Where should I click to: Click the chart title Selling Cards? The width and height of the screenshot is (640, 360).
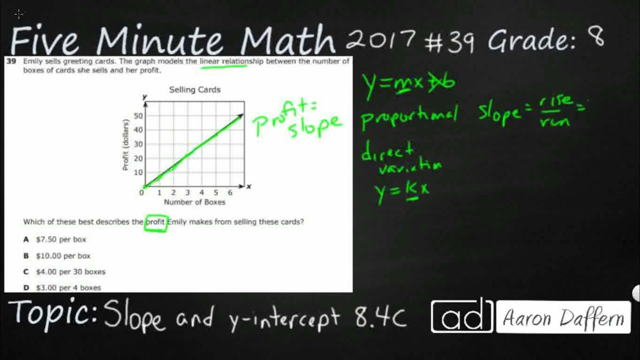[x=194, y=90]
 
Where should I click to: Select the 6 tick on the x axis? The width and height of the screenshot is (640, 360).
[x=230, y=192]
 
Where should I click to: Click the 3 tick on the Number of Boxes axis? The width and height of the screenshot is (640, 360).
[x=187, y=192]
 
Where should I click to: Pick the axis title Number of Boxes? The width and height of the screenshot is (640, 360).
[x=194, y=202]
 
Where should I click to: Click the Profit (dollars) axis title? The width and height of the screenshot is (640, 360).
[x=125, y=144]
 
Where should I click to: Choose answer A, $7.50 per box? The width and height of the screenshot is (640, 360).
[x=60, y=239]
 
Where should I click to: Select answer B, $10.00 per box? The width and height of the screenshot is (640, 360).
[x=62, y=255]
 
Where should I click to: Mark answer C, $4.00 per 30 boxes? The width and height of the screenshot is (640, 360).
[x=70, y=271]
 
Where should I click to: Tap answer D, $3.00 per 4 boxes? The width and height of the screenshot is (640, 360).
[x=68, y=287]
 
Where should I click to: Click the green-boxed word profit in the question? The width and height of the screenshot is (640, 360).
[x=155, y=222]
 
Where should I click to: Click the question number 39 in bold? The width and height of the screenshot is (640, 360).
[x=11, y=61]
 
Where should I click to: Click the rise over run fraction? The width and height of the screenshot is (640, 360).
[x=555, y=110]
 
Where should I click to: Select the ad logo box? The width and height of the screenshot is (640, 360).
[x=461, y=316]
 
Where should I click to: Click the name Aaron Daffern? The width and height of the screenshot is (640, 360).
[x=563, y=317]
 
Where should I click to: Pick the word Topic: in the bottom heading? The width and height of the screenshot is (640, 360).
[x=53, y=313]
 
